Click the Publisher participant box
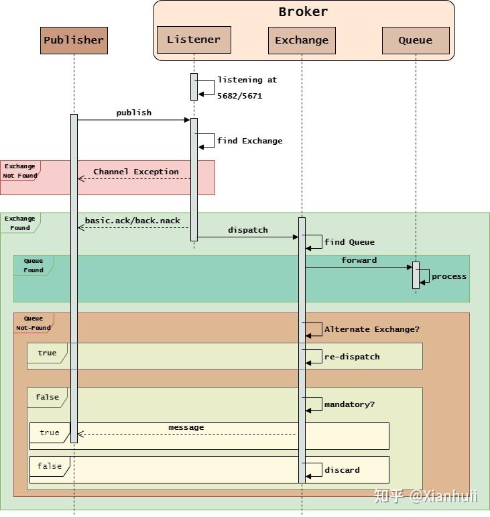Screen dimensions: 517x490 74,40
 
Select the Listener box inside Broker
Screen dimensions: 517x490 194,40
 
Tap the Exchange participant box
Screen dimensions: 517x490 302,40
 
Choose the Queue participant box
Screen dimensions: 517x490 416,40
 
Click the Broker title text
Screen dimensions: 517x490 303,12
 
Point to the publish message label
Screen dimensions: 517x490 134,113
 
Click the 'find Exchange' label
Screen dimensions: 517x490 249,141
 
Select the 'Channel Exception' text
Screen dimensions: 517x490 136,172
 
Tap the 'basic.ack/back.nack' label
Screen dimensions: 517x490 132,221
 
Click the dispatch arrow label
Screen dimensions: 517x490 247,230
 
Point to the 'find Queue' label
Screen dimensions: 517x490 349,242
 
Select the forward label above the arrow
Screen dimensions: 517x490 359,260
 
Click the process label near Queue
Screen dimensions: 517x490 449,276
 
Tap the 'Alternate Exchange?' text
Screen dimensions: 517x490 371,329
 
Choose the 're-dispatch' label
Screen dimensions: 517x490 352,357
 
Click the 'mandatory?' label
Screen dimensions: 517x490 349,404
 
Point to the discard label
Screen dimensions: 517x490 342,470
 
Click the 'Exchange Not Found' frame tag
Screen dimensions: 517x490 19,170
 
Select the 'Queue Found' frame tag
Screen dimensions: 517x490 33,266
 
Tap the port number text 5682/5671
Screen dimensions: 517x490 239,96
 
